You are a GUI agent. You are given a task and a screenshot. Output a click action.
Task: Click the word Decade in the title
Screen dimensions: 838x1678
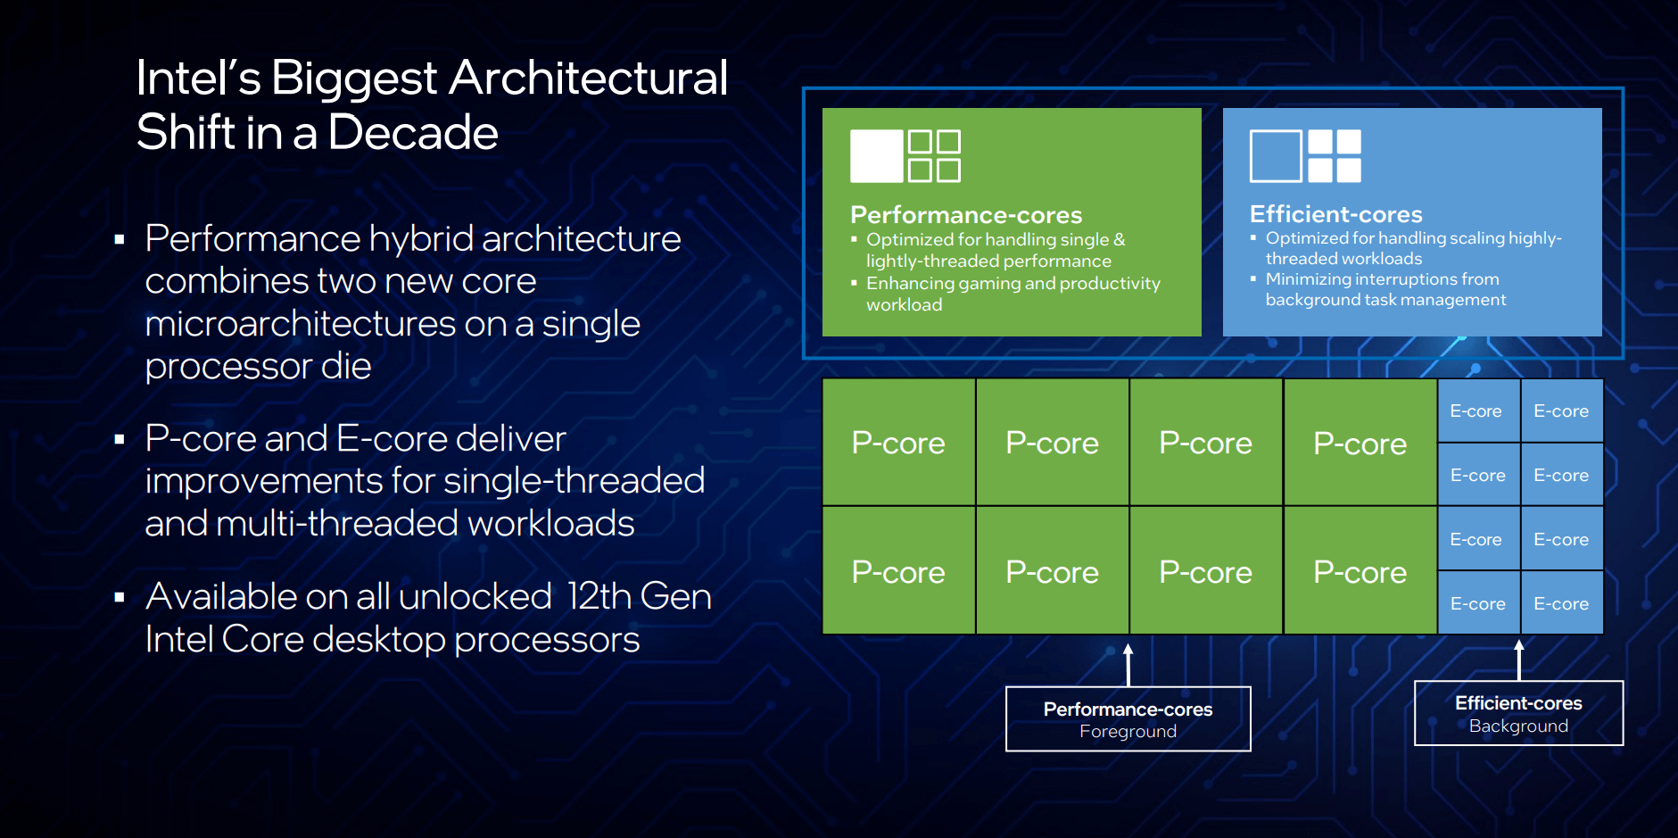[412, 133]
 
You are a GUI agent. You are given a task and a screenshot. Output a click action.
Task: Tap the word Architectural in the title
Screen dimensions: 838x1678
[588, 78]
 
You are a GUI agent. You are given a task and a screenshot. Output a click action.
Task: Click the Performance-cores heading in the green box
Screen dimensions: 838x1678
[965, 215]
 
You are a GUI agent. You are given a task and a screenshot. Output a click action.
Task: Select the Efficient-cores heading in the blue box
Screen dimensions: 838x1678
[1335, 214]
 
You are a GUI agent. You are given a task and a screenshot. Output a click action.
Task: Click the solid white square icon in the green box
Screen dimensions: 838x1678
[876, 156]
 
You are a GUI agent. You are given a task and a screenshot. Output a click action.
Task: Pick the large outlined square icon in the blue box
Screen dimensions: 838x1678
[1276, 156]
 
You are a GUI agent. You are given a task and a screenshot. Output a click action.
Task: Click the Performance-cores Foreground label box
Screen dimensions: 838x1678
[1128, 719]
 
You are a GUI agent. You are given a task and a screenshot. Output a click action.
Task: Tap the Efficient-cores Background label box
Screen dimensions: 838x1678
[1518, 714]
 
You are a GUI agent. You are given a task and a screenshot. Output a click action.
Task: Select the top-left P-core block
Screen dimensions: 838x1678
[898, 443]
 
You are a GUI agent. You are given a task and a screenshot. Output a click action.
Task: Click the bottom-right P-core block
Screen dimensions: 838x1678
[1360, 572]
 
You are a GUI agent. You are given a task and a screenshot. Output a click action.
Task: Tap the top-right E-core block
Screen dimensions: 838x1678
[1561, 411]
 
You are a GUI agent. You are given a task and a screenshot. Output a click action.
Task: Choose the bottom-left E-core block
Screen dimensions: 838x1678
[1477, 604]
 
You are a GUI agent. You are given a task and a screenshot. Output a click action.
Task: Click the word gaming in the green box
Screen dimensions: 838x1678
[988, 284]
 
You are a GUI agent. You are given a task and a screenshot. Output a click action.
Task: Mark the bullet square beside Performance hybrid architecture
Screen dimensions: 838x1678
[120, 239]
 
